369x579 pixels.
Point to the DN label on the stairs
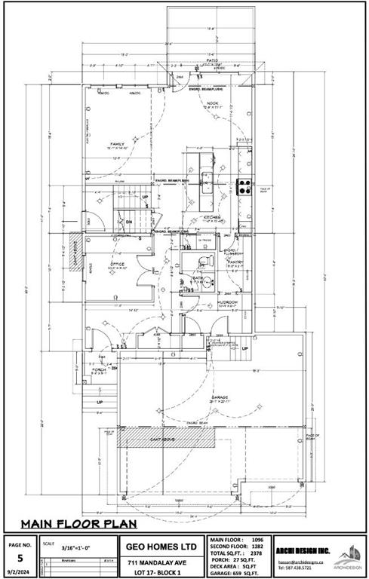pos(129,222)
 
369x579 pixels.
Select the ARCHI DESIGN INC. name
pos(301,552)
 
